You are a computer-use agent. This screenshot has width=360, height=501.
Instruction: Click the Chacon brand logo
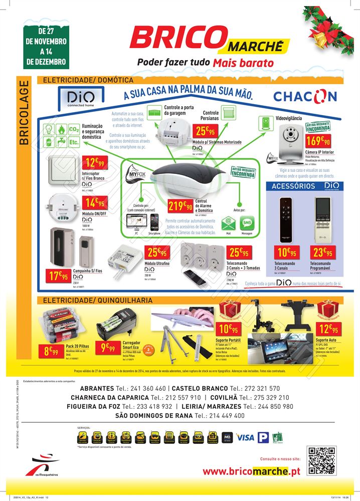305,96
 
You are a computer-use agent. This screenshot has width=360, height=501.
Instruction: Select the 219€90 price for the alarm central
181,206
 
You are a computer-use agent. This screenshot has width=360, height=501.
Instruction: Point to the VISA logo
245,437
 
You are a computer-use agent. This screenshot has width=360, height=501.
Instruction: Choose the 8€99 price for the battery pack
53,351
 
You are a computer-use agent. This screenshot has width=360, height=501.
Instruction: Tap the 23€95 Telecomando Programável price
321,253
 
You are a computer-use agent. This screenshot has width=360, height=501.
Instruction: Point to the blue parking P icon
263,437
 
